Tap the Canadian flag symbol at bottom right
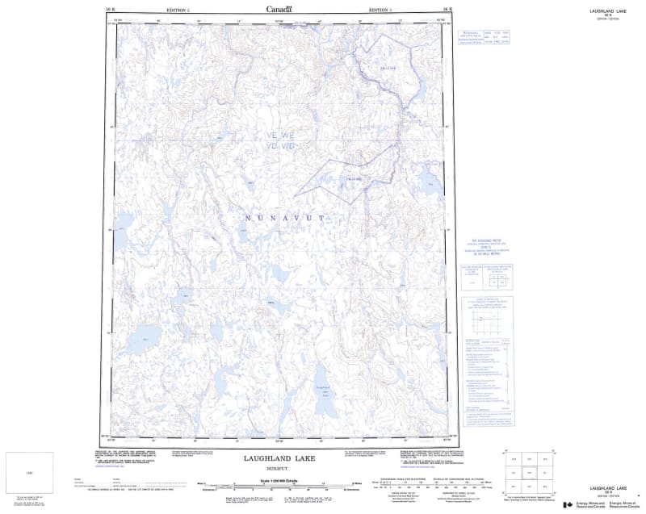point(568,505)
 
